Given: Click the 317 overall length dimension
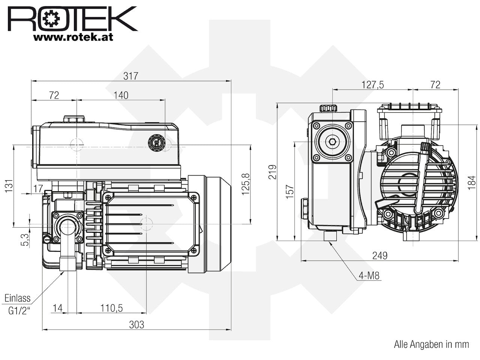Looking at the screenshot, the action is click(x=131, y=76).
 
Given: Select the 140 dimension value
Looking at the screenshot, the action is click(x=121, y=95).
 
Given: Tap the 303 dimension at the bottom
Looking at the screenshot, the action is click(x=136, y=325).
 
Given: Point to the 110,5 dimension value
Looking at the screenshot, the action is click(x=111, y=308).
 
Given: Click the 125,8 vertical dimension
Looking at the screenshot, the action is click(x=246, y=184).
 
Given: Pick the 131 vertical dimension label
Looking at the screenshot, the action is click(x=9, y=186).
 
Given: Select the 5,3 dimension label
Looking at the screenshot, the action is click(x=25, y=240).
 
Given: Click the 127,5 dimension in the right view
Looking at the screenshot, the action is click(x=373, y=85).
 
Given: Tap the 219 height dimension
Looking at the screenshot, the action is click(x=273, y=172).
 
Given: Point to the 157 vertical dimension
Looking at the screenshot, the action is click(x=290, y=192).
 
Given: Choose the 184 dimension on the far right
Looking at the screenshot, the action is click(x=472, y=183).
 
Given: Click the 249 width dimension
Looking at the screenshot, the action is click(x=380, y=255).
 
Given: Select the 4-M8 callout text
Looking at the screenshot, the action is click(x=369, y=276).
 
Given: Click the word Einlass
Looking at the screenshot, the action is click(x=18, y=298).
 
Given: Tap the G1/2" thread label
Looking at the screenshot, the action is click(x=19, y=310).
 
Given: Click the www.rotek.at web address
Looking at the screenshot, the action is click(x=73, y=37).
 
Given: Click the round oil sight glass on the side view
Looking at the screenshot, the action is click(x=156, y=142).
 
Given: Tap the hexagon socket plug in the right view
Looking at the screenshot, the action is click(x=332, y=142).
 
